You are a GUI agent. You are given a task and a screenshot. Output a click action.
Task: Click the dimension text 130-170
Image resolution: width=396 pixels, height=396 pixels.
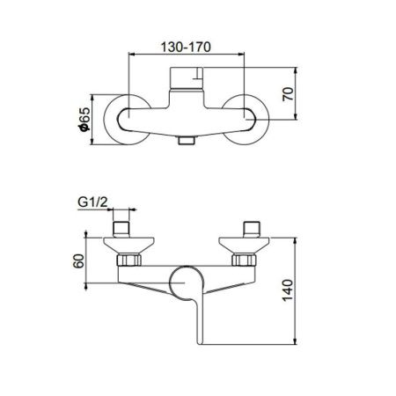coord(186,40)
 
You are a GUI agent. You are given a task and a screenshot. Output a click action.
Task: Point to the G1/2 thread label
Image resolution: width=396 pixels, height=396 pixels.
coord(94,200)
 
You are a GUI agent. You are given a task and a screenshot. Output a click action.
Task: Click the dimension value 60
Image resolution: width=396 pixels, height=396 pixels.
coord(77,260)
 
